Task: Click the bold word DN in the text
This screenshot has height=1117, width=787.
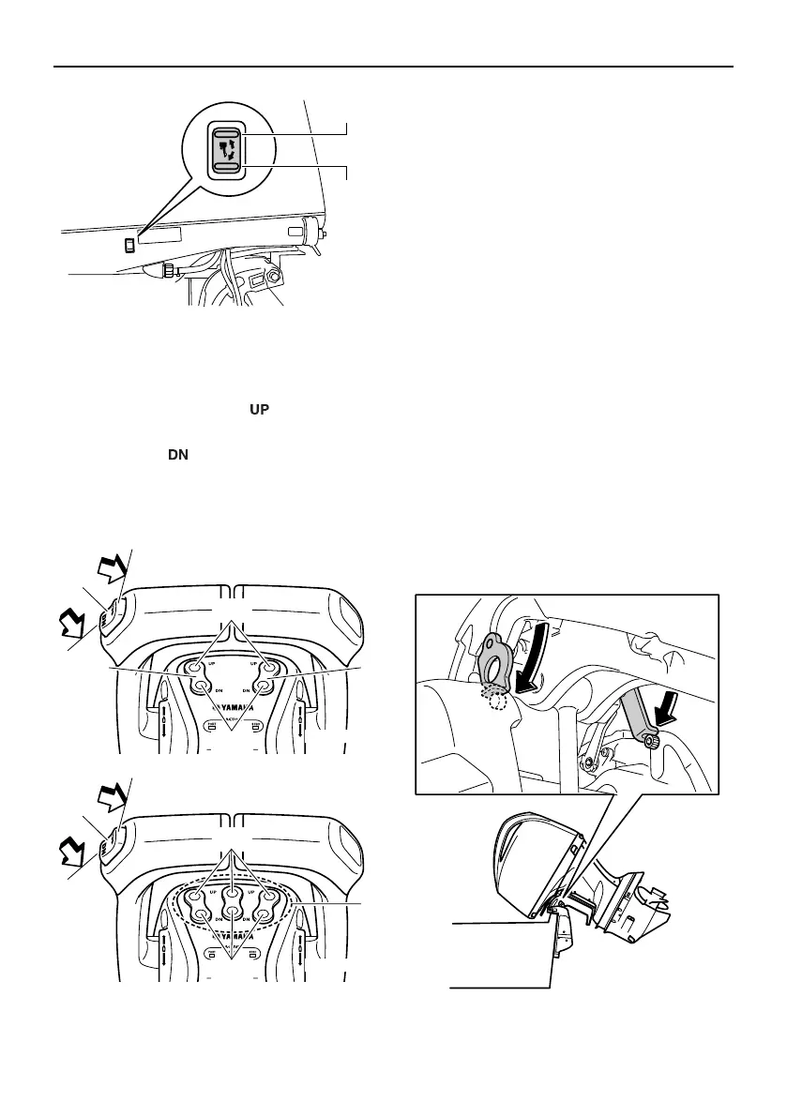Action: pyautogui.click(x=177, y=454)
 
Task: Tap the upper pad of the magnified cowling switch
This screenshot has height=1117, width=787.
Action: pyautogui.click(x=228, y=134)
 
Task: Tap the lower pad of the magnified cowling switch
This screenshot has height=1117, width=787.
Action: pyautogui.click(x=228, y=166)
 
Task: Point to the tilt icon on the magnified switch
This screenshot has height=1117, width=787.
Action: pyautogui.click(x=228, y=150)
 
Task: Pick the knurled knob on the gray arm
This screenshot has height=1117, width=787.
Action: pyautogui.click(x=648, y=743)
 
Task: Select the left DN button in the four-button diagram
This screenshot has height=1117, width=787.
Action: pyautogui.click(x=203, y=686)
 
